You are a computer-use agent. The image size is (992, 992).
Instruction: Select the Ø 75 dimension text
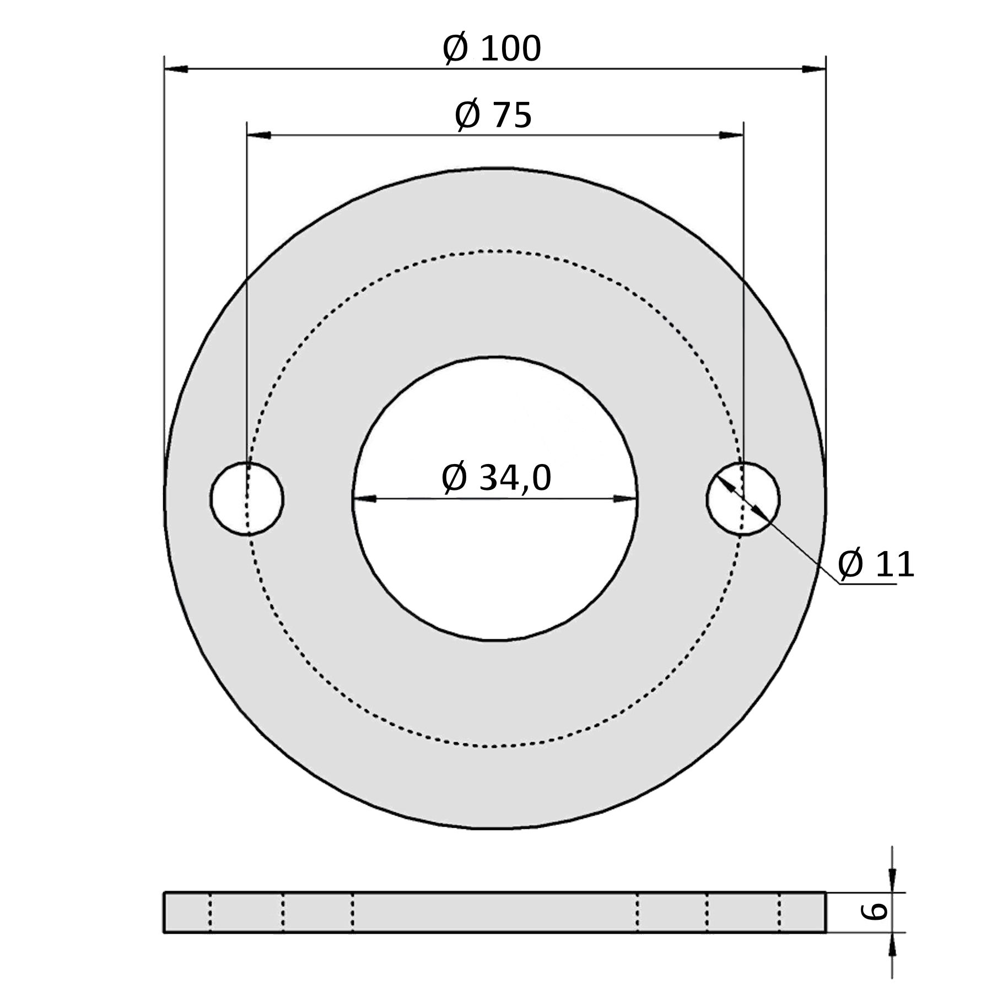(493, 115)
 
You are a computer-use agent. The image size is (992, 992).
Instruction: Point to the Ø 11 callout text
(876, 564)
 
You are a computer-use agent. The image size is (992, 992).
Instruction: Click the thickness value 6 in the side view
(874, 912)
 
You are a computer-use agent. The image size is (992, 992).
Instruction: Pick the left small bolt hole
(247, 499)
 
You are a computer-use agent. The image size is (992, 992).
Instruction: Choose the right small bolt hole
(743, 499)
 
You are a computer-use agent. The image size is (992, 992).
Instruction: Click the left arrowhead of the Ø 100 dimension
(176, 69)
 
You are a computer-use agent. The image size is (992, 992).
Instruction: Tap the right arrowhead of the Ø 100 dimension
(814, 69)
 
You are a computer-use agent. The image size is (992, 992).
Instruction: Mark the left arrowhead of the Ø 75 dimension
(259, 135)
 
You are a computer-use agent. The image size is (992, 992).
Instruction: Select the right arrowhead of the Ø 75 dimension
(731, 135)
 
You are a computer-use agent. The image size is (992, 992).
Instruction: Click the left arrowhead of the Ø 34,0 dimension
(364, 499)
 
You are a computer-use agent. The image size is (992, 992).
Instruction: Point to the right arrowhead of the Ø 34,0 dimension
(625, 499)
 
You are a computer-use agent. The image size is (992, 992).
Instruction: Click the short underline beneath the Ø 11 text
(868, 584)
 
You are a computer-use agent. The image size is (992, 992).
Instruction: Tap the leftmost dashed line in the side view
(210, 913)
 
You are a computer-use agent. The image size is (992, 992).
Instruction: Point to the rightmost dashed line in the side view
(779, 913)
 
